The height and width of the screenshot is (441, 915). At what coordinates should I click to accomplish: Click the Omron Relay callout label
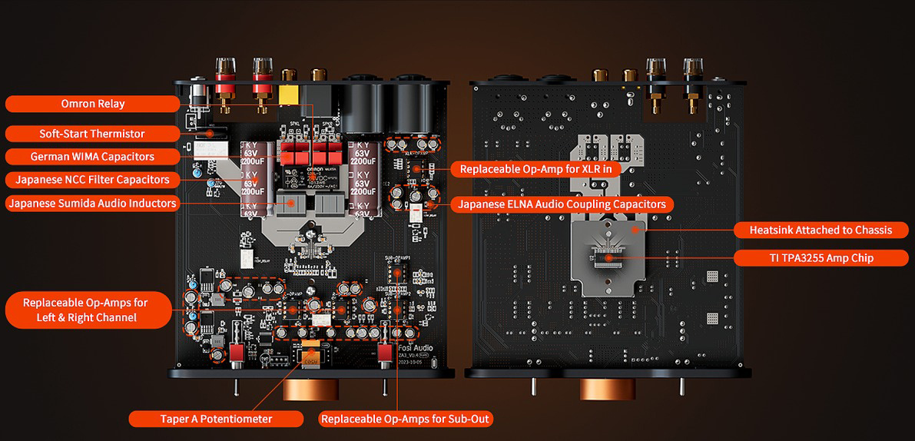[x=93, y=104]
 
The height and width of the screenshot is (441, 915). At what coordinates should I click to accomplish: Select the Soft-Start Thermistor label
[x=92, y=134]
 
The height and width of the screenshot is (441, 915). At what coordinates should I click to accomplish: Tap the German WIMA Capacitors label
[x=92, y=157]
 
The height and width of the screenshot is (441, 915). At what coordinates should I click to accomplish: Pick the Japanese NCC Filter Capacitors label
[x=92, y=180]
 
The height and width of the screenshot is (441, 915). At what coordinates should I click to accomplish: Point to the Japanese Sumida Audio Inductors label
[x=92, y=204]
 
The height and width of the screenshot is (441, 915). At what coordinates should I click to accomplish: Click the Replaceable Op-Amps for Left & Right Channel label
[x=85, y=310]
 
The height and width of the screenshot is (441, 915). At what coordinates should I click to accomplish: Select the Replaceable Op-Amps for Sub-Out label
[x=406, y=419]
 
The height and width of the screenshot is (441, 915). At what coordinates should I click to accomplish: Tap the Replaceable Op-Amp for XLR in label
[x=535, y=168]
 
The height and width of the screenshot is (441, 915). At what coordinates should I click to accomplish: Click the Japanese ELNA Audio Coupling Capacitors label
[x=562, y=204]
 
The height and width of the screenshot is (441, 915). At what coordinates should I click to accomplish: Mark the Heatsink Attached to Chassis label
[x=821, y=230]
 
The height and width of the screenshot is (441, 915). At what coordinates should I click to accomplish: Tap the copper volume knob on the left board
[x=312, y=388]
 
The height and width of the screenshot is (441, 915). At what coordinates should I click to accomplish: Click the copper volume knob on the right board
[x=608, y=388]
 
